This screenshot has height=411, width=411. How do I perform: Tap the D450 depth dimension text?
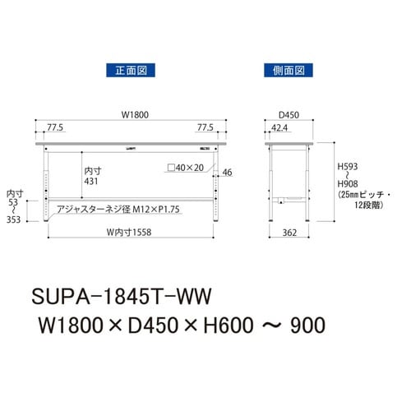[x=288, y=115]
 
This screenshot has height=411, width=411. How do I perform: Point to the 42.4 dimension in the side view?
[x=279, y=128]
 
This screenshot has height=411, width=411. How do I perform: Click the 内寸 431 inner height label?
[x=93, y=176]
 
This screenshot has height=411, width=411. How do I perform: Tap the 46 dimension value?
[x=228, y=173]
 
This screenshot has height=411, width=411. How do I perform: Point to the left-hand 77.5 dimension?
[x=56, y=128]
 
